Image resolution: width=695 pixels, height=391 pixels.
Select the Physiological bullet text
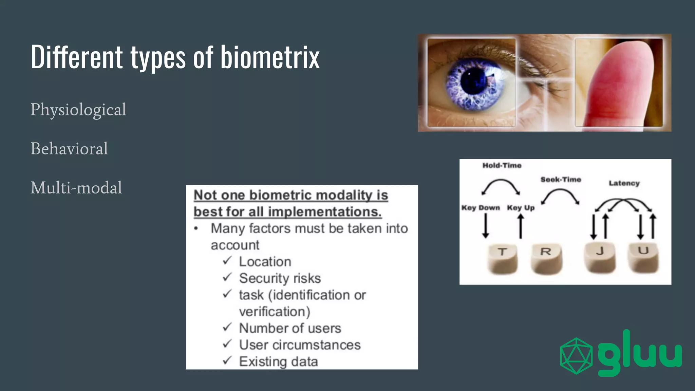78,110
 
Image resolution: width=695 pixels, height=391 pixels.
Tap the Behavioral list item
69,149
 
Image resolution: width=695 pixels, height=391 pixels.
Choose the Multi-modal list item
76,188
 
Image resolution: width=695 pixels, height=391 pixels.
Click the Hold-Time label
502,166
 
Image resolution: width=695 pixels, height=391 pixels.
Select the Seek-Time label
561,180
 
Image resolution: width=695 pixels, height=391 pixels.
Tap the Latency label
624,183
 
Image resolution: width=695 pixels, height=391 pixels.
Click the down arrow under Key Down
486,226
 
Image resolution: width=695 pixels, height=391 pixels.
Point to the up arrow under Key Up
521,226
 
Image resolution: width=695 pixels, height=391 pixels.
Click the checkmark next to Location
227,261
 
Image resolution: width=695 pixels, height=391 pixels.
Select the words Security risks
280,278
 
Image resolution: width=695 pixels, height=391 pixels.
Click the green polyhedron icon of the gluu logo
576,355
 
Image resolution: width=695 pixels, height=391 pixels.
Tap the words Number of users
290,328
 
